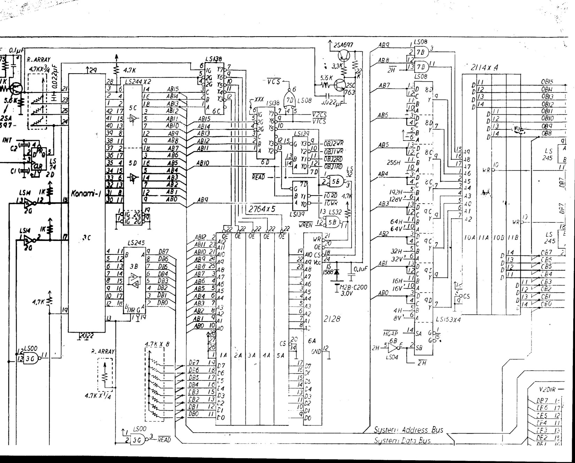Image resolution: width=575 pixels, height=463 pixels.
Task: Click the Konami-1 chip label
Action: (86, 194)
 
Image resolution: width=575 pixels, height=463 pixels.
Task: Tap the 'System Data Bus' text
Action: (402, 440)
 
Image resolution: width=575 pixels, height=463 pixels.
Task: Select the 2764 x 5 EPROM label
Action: (262, 209)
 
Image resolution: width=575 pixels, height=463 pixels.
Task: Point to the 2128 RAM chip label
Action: (332, 319)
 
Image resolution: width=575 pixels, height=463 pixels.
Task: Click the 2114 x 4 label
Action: (484, 68)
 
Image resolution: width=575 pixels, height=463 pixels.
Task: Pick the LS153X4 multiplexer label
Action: (448, 319)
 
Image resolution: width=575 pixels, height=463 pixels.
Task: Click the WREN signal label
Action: (306, 225)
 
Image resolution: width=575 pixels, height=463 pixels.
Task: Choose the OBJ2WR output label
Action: (334, 144)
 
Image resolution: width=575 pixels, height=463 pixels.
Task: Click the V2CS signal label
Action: (319, 115)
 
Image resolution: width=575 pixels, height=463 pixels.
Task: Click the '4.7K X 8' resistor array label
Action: (157, 344)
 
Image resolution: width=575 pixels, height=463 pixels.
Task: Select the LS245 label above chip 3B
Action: (136, 243)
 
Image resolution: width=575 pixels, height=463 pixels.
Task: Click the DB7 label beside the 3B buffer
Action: (163, 251)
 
